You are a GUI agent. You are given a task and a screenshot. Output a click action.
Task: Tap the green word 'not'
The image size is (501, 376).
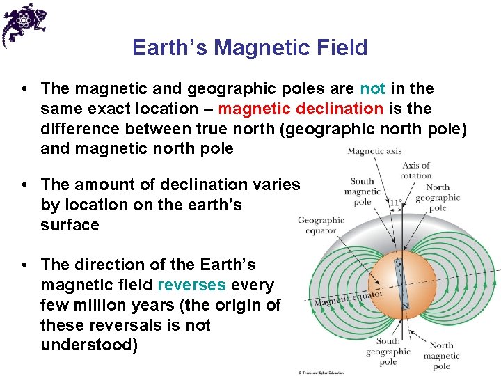[x=372, y=88]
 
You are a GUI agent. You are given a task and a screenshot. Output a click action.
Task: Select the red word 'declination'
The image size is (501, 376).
[x=340, y=109]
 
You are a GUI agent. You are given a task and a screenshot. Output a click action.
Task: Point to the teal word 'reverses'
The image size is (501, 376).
[x=192, y=285]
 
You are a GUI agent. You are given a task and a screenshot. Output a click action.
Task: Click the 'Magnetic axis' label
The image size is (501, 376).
[x=374, y=151]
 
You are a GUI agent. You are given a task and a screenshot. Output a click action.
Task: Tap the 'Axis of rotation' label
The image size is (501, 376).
[x=416, y=171]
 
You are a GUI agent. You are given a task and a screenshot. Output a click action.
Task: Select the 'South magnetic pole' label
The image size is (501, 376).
[x=362, y=191]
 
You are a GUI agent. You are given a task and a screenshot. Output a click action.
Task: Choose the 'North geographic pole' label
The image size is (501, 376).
[x=437, y=197]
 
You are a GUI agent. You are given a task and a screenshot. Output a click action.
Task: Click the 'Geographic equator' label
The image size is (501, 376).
[x=321, y=225]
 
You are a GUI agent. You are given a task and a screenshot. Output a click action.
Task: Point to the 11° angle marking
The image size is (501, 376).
[x=396, y=203]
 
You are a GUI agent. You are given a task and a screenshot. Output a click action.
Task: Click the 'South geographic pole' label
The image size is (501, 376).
[x=388, y=351]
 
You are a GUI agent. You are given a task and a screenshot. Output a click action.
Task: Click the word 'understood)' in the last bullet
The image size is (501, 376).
[x=89, y=345]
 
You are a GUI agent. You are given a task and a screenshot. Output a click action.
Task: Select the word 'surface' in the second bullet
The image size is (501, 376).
[x=70, y=225]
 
